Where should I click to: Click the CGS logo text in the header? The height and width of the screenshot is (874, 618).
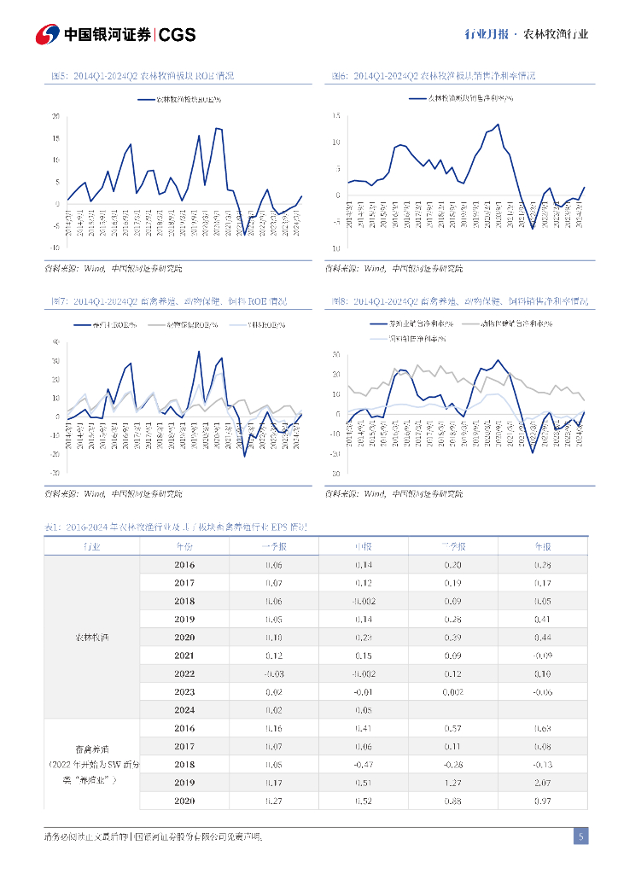tap(178, 34)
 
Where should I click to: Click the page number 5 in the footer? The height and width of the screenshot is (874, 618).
tap(580, 836)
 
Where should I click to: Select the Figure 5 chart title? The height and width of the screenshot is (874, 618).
tap(143, 76)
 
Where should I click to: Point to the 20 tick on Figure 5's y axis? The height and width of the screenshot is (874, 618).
tap(55, 116)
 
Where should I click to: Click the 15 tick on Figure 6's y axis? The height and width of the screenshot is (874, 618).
tap(337, 115)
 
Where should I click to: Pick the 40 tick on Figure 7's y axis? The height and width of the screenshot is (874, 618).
tap(55, 341)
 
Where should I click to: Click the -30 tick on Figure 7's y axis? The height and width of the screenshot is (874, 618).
tap(55, 472)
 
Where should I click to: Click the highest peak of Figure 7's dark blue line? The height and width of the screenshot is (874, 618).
tap(199, 351)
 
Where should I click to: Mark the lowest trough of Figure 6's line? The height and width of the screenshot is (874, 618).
tap(532, 228)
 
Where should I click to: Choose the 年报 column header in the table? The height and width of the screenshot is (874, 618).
tap(542, 545)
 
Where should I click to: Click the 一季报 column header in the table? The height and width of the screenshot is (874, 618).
tap(273, 545)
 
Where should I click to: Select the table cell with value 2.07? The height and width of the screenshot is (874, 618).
tap(542, 782)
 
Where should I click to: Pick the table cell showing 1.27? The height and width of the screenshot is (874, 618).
tap(452, 782)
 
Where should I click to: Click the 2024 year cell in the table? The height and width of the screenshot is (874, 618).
tap(184, 709)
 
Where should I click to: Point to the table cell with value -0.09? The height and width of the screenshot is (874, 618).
tap(542, 655)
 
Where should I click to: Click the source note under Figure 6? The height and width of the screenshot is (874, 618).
tap(394, 268)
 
